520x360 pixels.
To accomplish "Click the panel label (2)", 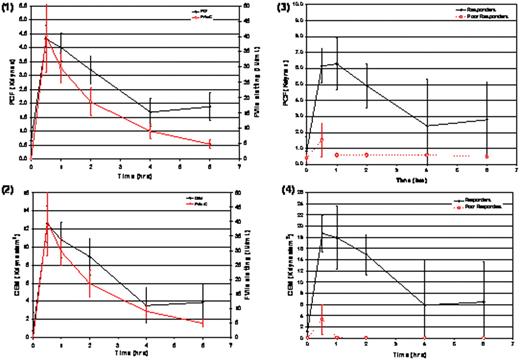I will click(x=11, y=186).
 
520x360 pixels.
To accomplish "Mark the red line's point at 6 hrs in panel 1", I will click(x=209, y=145).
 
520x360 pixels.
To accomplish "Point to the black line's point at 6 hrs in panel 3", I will click(x=487, y=119).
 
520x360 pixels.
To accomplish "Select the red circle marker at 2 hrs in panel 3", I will click(x=367, y=155).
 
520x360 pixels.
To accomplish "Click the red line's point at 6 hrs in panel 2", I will click(x=203, y=323).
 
